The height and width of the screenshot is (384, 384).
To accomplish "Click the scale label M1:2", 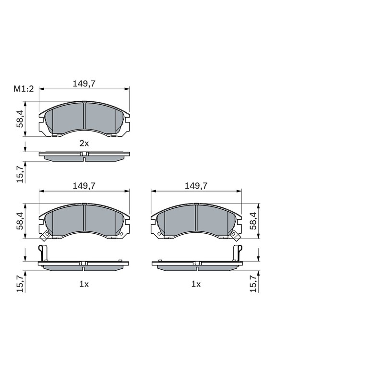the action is coord(24,89).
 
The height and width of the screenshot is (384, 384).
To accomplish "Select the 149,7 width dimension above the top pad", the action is coord(84,84).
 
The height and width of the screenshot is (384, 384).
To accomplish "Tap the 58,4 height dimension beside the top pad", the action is coord(20,119).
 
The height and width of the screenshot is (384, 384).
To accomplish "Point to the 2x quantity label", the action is coord(84,143).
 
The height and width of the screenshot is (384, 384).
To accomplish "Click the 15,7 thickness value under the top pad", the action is coord(20,174).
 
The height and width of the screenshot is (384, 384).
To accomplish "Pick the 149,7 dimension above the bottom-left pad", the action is coord(84,186).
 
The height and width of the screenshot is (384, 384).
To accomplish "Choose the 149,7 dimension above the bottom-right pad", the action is coord(196,186).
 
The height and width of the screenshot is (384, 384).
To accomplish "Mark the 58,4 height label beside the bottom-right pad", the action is coord(253,221).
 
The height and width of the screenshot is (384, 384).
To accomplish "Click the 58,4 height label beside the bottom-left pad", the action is coord(20,221).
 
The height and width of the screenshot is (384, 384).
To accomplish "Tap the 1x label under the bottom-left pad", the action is coord(84,284).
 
